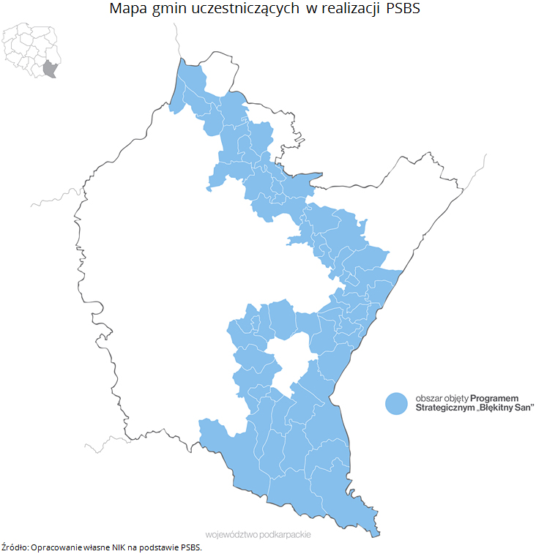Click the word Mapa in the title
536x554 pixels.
coord(126,10)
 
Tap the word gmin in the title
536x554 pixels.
coord(167,10)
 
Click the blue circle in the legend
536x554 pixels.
coord(396,403)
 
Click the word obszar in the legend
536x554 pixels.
coord(428,397)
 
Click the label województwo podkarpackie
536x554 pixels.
coord(258,535)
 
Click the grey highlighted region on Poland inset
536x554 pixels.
coord(50,69)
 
